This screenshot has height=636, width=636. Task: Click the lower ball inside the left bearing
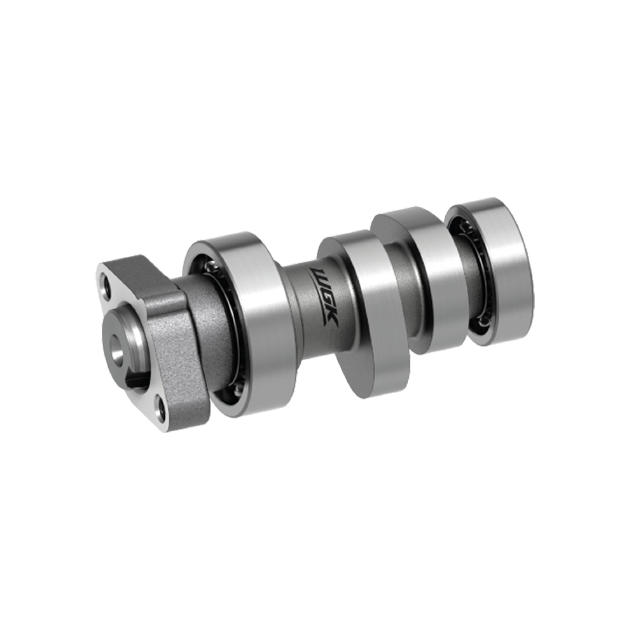tap(240, 384)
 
